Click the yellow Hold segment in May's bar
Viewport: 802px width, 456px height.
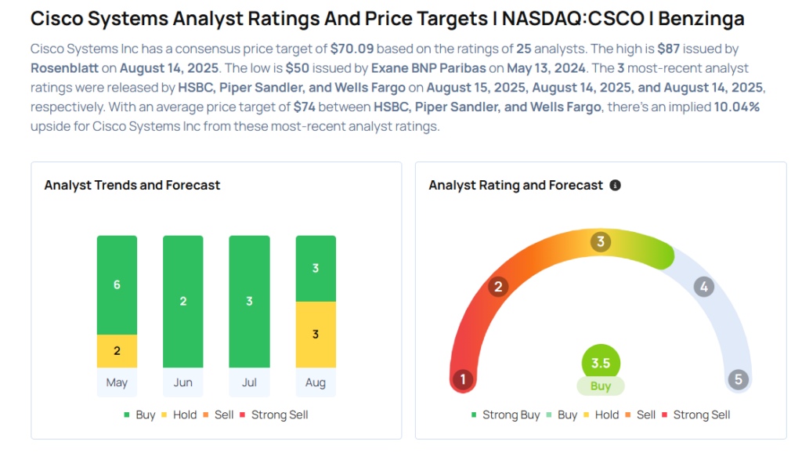(x=117, y=351)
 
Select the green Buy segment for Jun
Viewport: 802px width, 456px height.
(x=183, y=302)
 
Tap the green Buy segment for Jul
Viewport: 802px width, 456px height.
(x=249, y=302)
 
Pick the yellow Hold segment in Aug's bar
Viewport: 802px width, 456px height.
(x=316, y=335)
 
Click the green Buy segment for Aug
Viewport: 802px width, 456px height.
(x=316, y=269)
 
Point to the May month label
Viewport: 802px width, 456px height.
(x=117, y=383)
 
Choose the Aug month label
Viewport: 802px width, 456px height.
(x=316, y=383)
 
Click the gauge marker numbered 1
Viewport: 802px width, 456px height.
(x=463, y=380)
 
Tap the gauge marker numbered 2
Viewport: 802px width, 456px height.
(x=497, y=287)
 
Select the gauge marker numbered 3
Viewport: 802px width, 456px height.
(x=601, y=241)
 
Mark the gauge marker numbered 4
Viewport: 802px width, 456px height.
(x=703, y=287)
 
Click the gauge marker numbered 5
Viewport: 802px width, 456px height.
(x=738, y=380)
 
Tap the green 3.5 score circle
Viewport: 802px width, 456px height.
(x=601, y=364)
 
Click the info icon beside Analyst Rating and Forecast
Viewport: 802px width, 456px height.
(x=615, y=186)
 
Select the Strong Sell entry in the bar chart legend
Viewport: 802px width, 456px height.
(x=274, y=414)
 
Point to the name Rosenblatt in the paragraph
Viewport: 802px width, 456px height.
(x=65, y=68)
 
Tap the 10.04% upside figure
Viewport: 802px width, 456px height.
(x=736, y=107)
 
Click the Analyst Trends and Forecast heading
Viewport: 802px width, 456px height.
(x=132, y=186)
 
